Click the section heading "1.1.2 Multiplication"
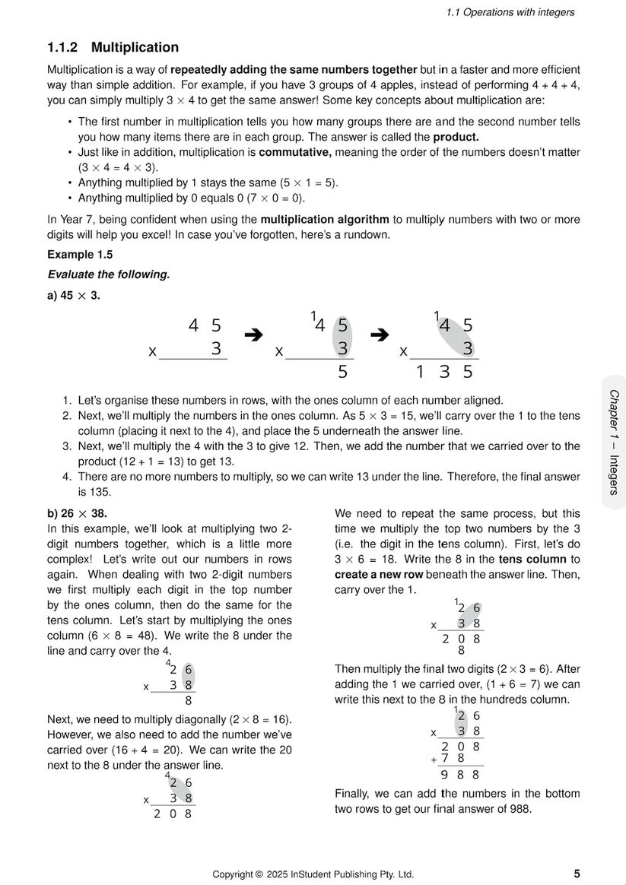tap(113, 48)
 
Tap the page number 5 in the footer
tap(577, 873)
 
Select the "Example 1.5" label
tap(80, 255)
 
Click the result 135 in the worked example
tap(444, 372)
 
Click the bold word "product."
tap(456, 137)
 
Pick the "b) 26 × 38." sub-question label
tap(77, 513)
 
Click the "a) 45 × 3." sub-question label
tap(74, 295)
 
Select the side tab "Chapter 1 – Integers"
tap(613, 442)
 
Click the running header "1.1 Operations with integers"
tap(510, 12)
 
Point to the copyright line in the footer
tap(313, 874)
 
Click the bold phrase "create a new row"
tap(379, 574)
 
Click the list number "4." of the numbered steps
tap(67, 477)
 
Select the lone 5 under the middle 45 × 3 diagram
tap(342, 372)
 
